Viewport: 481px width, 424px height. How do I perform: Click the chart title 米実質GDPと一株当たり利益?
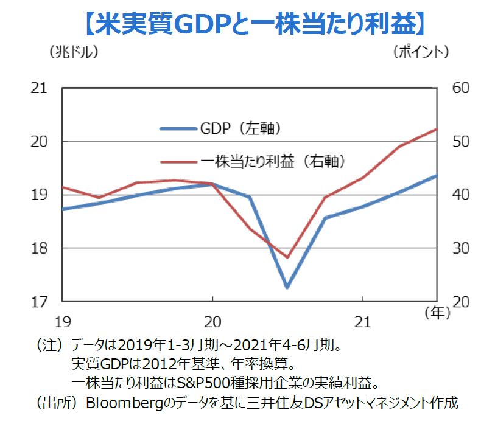pyautogui.click(x=251, y=23)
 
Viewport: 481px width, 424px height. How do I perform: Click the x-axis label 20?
pyautogui.click(x=212, y=320)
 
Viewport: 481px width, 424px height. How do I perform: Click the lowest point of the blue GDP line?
pyautogui.click(x=287, y=287)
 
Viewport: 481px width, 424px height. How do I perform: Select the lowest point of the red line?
pyautogui.click(x=287, y=257)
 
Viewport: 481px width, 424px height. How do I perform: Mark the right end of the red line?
pyautogui.click(x=437, y=129)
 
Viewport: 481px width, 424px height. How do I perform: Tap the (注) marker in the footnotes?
pyautogui.click(x=51, y=346)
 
